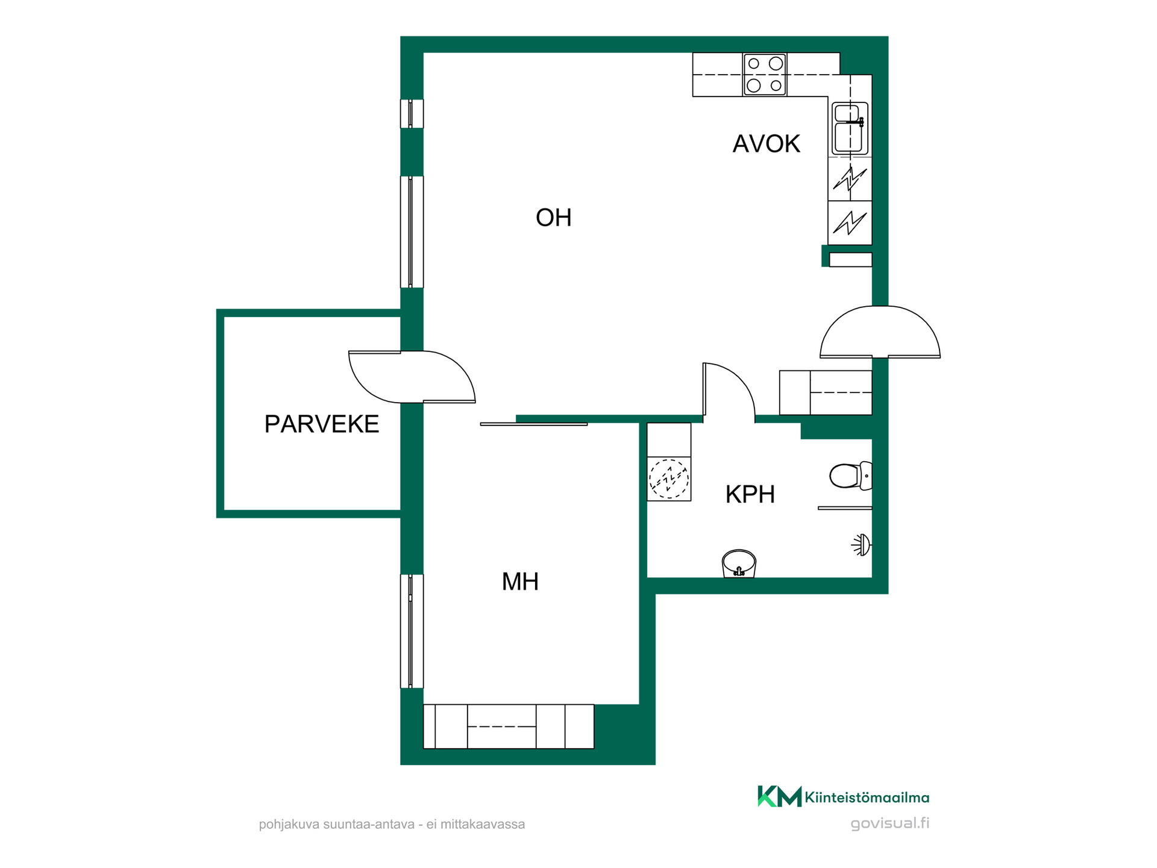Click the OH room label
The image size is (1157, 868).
[553, 218]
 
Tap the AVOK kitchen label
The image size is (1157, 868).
[766, 144]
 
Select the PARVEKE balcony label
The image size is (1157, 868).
[322, 424]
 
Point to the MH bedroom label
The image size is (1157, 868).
[520, 582]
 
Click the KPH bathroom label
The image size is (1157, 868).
[750, 494]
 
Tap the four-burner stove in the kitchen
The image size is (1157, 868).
[764, 74]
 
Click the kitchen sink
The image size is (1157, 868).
[850, 128]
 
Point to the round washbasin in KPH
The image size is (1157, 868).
[739, 564]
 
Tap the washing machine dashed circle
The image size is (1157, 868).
[669, 479]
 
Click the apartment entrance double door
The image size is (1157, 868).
[880, 332]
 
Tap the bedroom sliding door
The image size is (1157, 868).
[533, 424]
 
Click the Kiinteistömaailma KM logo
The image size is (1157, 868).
[843, 796]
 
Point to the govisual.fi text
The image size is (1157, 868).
[889, 823]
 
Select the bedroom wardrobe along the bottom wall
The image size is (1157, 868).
[509, 726]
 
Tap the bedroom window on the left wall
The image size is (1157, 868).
[412, 631]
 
